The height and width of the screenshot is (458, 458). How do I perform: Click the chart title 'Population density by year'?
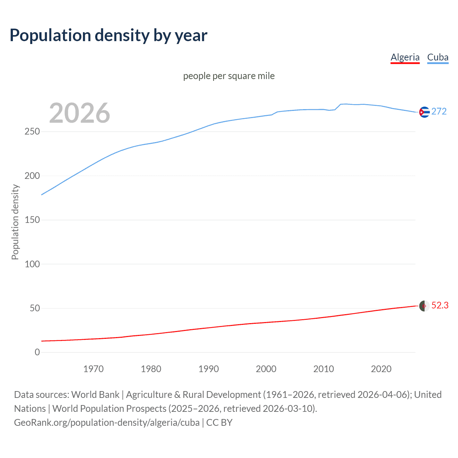pos(108,35)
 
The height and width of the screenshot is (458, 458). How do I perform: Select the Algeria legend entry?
pos(405,57)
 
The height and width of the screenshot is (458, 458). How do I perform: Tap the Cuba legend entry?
pos(438,57)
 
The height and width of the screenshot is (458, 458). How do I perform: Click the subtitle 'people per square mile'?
pos(229,76)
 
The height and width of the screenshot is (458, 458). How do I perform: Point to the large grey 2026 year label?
pos(79,113)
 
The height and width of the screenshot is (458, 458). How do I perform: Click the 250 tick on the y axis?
pos(32,132)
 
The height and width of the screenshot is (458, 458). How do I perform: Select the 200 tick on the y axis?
pos(32,176)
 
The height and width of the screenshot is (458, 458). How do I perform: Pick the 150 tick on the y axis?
pos(32,220)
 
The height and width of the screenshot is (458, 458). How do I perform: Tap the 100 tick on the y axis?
pos(32,264)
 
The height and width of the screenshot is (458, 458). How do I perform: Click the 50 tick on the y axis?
pos(35,308)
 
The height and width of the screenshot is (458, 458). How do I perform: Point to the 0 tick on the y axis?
pos(37,352)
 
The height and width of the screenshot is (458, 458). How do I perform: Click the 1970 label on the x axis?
pos(93,369)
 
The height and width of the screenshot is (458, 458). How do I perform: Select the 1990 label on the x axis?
pos(209,369)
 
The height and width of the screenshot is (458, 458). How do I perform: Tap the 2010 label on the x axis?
pos(323,369)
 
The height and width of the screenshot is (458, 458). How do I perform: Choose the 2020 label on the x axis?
pos(381,369)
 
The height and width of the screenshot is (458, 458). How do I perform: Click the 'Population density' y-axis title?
pos(15,222)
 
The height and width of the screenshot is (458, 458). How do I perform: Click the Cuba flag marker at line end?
pos(424,112)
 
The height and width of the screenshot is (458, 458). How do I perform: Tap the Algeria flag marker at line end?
pos(424,306)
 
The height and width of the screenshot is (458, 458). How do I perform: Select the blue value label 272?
pos(439,112)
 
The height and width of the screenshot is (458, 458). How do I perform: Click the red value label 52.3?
pos(440,306)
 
